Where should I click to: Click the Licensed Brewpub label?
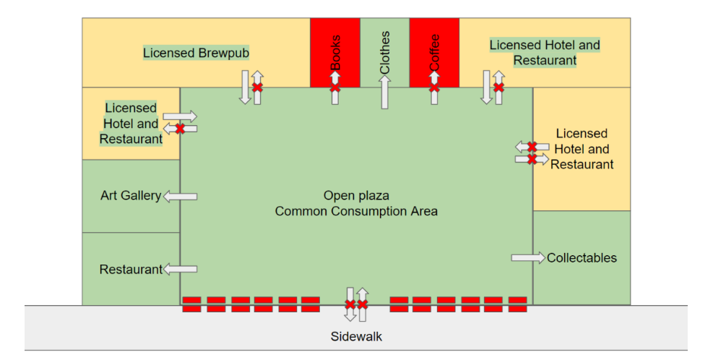196,53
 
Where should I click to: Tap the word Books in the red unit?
335,52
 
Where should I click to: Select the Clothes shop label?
385,52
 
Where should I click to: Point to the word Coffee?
434,52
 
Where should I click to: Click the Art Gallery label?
131,195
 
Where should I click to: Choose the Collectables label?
582,257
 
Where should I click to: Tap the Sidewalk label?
356,336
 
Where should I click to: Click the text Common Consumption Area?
356,211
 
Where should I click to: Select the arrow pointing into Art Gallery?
180,197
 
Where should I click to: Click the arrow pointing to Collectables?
528,257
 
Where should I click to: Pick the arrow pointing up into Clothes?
385,93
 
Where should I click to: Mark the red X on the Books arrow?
335,87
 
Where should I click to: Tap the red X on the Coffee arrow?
434,87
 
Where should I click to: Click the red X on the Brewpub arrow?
257,87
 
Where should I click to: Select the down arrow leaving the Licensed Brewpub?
245,87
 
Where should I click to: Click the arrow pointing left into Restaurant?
180,269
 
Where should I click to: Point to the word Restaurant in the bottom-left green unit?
131,270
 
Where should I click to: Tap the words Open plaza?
356,195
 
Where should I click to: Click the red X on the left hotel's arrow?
180,129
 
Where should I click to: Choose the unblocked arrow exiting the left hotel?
180,116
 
